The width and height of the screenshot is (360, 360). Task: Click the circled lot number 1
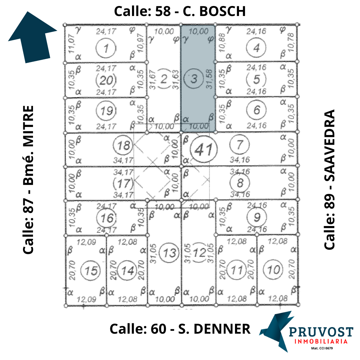(x=105, y=49)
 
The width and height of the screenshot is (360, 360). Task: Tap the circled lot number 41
(x=203, y=149)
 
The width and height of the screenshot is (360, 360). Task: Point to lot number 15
(x=91, y=270)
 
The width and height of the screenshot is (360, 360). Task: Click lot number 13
(x=169, y=253)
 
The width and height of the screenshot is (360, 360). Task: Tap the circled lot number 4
(x=256, y=48)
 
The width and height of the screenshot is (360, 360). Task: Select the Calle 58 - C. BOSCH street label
(x=180, y=11)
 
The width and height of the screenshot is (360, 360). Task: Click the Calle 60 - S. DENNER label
(x=180, y=329)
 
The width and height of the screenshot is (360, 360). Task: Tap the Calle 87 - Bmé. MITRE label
(x=28, y=180)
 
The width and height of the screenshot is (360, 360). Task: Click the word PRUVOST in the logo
(x=321, y=332)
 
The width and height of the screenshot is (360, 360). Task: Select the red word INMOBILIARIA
(x=321, y=341)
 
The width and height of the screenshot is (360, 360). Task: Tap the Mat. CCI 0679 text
(x=322, y=348)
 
